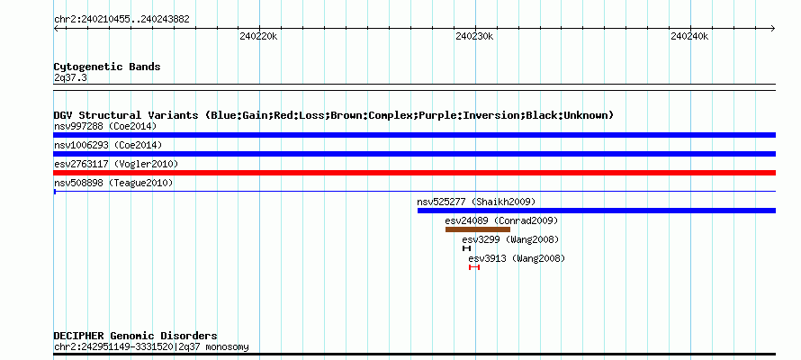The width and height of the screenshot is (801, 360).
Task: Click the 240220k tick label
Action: coord(258,36)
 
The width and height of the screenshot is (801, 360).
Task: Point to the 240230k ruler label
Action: coord(474,36)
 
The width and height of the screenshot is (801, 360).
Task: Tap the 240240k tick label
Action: coord(689,36)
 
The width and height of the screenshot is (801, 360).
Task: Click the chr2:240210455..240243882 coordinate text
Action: coord(121,20)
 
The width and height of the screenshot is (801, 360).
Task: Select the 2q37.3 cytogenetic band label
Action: coord(70,78)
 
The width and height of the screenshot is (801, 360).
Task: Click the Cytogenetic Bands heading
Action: coord(107,67)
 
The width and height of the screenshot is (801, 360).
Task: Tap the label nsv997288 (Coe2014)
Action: coord(105,126)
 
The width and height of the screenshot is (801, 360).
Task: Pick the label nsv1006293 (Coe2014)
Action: coord(108,145)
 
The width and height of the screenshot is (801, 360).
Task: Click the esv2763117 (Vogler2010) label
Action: coord(116,164)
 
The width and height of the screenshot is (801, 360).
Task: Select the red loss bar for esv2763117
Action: coord(414,173)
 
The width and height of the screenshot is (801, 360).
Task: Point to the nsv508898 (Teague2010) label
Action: coord(113,183)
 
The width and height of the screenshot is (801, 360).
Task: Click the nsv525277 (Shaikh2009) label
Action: coord(476,202)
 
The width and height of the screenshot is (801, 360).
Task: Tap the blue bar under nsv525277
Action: coord(596,211)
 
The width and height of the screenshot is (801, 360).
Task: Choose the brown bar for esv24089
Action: coord(478,229)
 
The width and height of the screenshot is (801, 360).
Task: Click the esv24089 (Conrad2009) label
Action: coord(501,220)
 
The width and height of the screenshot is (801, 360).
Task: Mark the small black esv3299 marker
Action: coord(466,248)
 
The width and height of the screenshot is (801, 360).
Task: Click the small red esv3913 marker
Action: coord(474,267)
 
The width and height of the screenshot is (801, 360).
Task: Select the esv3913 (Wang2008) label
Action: coord(517,258)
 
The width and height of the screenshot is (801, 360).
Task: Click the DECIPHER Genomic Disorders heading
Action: coord(135,336)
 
